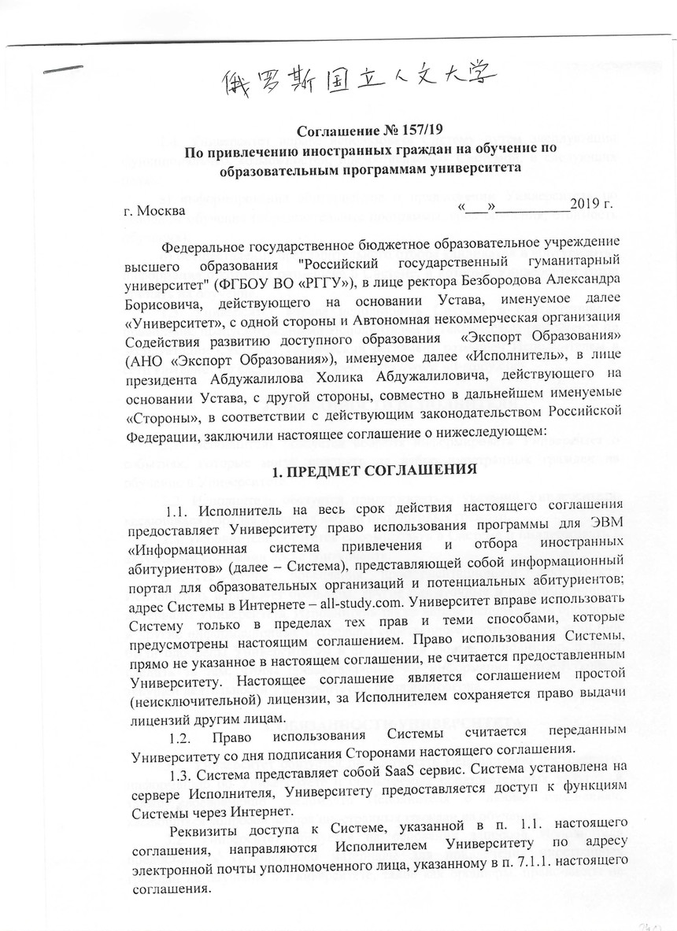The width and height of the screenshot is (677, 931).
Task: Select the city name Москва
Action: [161, 210]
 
